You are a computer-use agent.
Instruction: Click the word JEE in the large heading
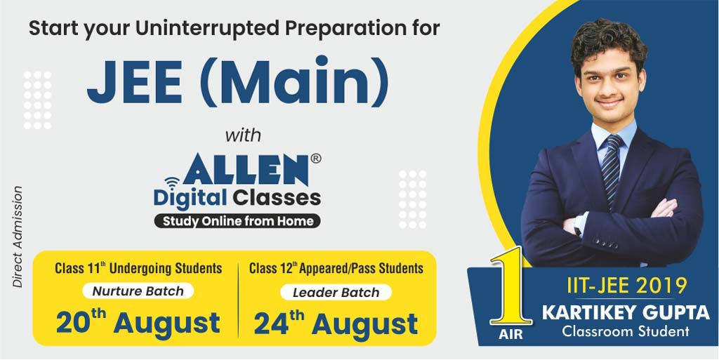(135, 81)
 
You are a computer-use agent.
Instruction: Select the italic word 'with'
(243, 135)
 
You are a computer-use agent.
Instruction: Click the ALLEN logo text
(246, 170)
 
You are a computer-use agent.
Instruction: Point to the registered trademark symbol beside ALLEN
(316, 159)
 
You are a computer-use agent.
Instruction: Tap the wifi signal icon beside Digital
(173, 184)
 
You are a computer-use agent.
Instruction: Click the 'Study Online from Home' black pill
(237, 221)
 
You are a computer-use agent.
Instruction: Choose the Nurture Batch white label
(138, 291)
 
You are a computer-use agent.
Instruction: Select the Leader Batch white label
(336, 292)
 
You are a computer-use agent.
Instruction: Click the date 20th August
(138, 322)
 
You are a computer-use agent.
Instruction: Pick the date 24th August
(336, 324)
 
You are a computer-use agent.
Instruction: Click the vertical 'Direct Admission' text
(18, 236)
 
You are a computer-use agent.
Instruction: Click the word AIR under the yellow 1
(510, 335)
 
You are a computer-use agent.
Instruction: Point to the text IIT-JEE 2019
(627, 286)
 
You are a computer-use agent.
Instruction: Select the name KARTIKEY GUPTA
(626, 313)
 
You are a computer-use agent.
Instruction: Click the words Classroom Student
(626, 331)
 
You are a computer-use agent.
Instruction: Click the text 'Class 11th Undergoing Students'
(138, 268)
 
